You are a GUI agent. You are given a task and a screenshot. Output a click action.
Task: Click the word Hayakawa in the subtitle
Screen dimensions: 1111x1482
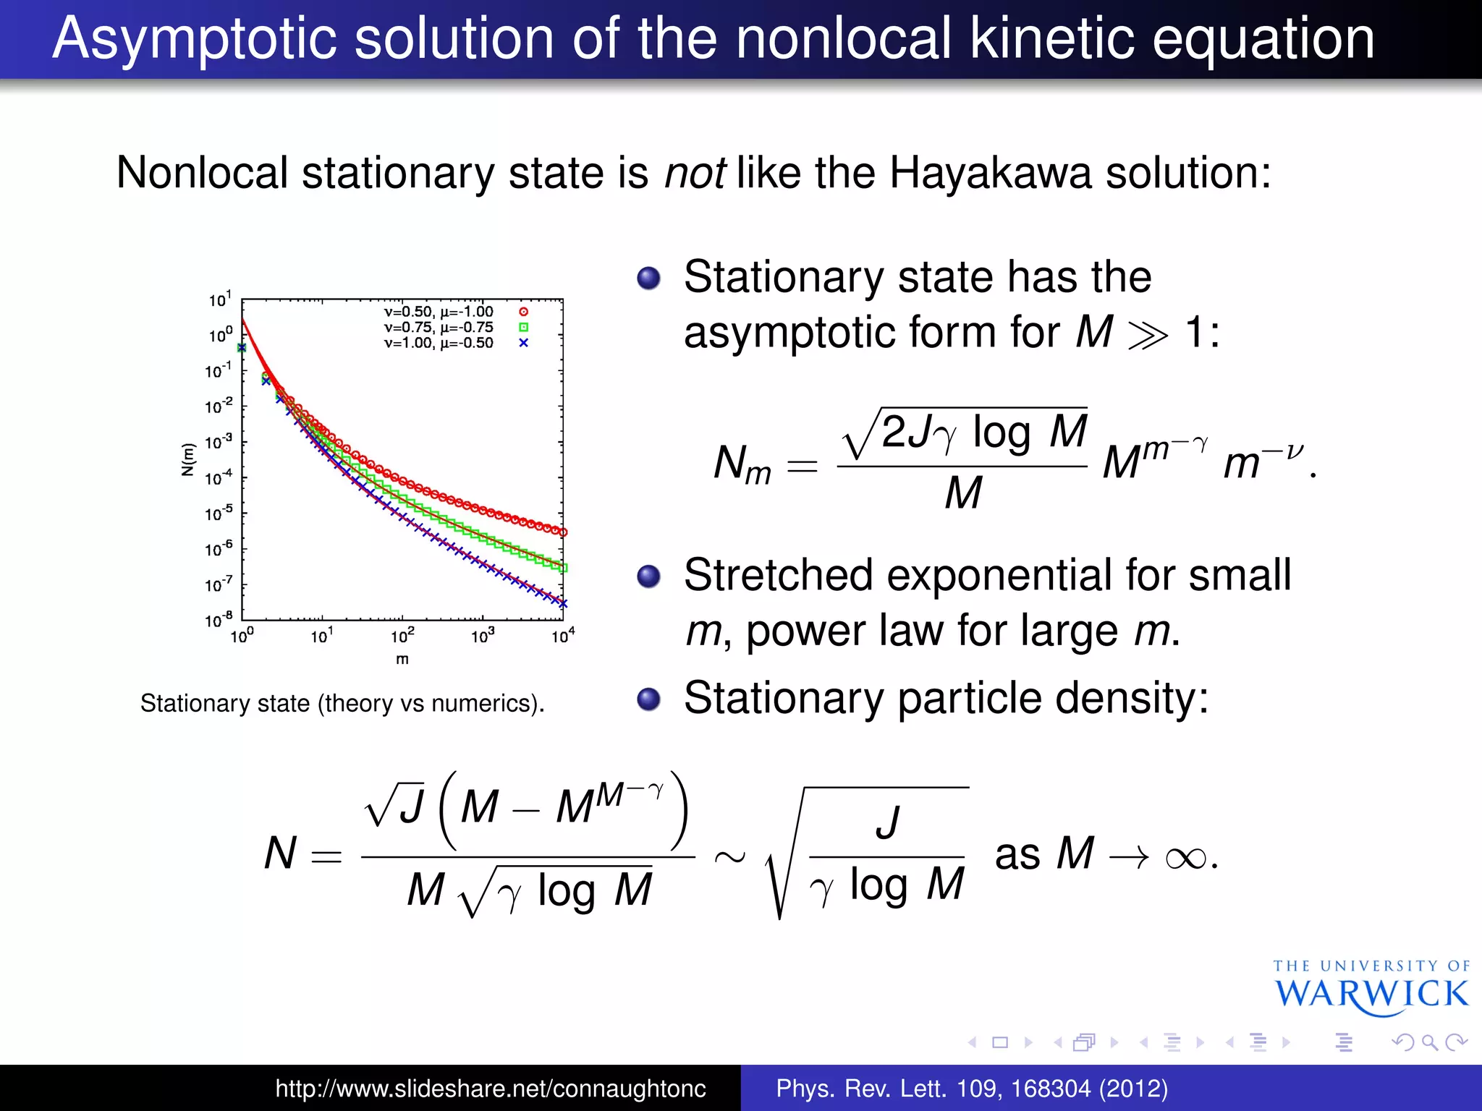(x=991, y=174)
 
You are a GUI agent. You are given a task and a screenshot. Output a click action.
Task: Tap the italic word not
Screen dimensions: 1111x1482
(x=695, y=174)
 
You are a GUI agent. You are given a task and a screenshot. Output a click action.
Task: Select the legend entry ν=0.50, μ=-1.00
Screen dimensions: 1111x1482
(x=439, y=312)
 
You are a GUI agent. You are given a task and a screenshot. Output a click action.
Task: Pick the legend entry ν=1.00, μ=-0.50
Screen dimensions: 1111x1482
(x=439, y=343)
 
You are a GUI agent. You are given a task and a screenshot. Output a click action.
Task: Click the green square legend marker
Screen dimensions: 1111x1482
(x=523, y=328)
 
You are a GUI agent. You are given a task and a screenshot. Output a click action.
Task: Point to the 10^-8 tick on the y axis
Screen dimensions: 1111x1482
(x=219, y=620)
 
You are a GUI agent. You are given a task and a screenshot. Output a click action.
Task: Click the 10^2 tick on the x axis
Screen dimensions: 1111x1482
(x=402, y=636)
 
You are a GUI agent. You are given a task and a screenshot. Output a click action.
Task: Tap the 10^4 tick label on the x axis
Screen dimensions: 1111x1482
(x=563, y=636)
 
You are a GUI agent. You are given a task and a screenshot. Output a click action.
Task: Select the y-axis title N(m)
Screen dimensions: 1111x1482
(x=188, y=459)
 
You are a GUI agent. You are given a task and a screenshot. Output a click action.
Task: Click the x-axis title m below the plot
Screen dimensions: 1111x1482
(x=402, y=660)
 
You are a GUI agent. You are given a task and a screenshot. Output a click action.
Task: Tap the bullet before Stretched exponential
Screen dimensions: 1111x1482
(x=648, y=576)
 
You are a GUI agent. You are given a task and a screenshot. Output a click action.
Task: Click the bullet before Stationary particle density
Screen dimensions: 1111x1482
(x=648, y=699)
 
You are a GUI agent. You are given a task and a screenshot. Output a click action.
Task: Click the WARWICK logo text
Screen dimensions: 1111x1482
(x=1371, y=995)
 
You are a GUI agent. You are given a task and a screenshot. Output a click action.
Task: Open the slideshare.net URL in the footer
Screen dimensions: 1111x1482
(x=491, y=1089)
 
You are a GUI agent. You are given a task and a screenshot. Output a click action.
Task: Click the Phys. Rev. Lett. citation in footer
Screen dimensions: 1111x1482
(x=971, y=1089)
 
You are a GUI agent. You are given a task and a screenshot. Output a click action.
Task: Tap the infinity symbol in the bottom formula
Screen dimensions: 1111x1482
(x=1186, y=859)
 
